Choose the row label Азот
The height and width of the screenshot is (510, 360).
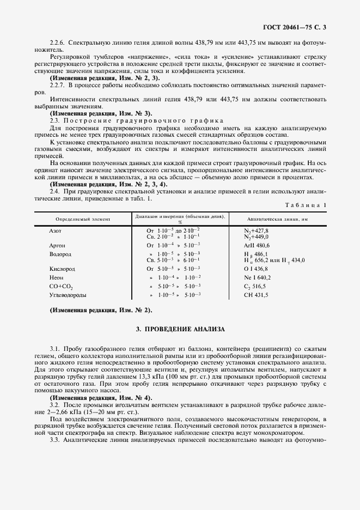(55, 230)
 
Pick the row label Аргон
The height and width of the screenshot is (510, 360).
(57, 245)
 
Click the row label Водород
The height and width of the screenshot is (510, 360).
(60, 253)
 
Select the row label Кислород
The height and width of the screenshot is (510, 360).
(62, 269)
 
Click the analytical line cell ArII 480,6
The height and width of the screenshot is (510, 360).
(261, 245)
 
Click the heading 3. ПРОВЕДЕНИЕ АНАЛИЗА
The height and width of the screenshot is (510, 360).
(180, 330)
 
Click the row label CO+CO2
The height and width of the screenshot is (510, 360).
(61, 286)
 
